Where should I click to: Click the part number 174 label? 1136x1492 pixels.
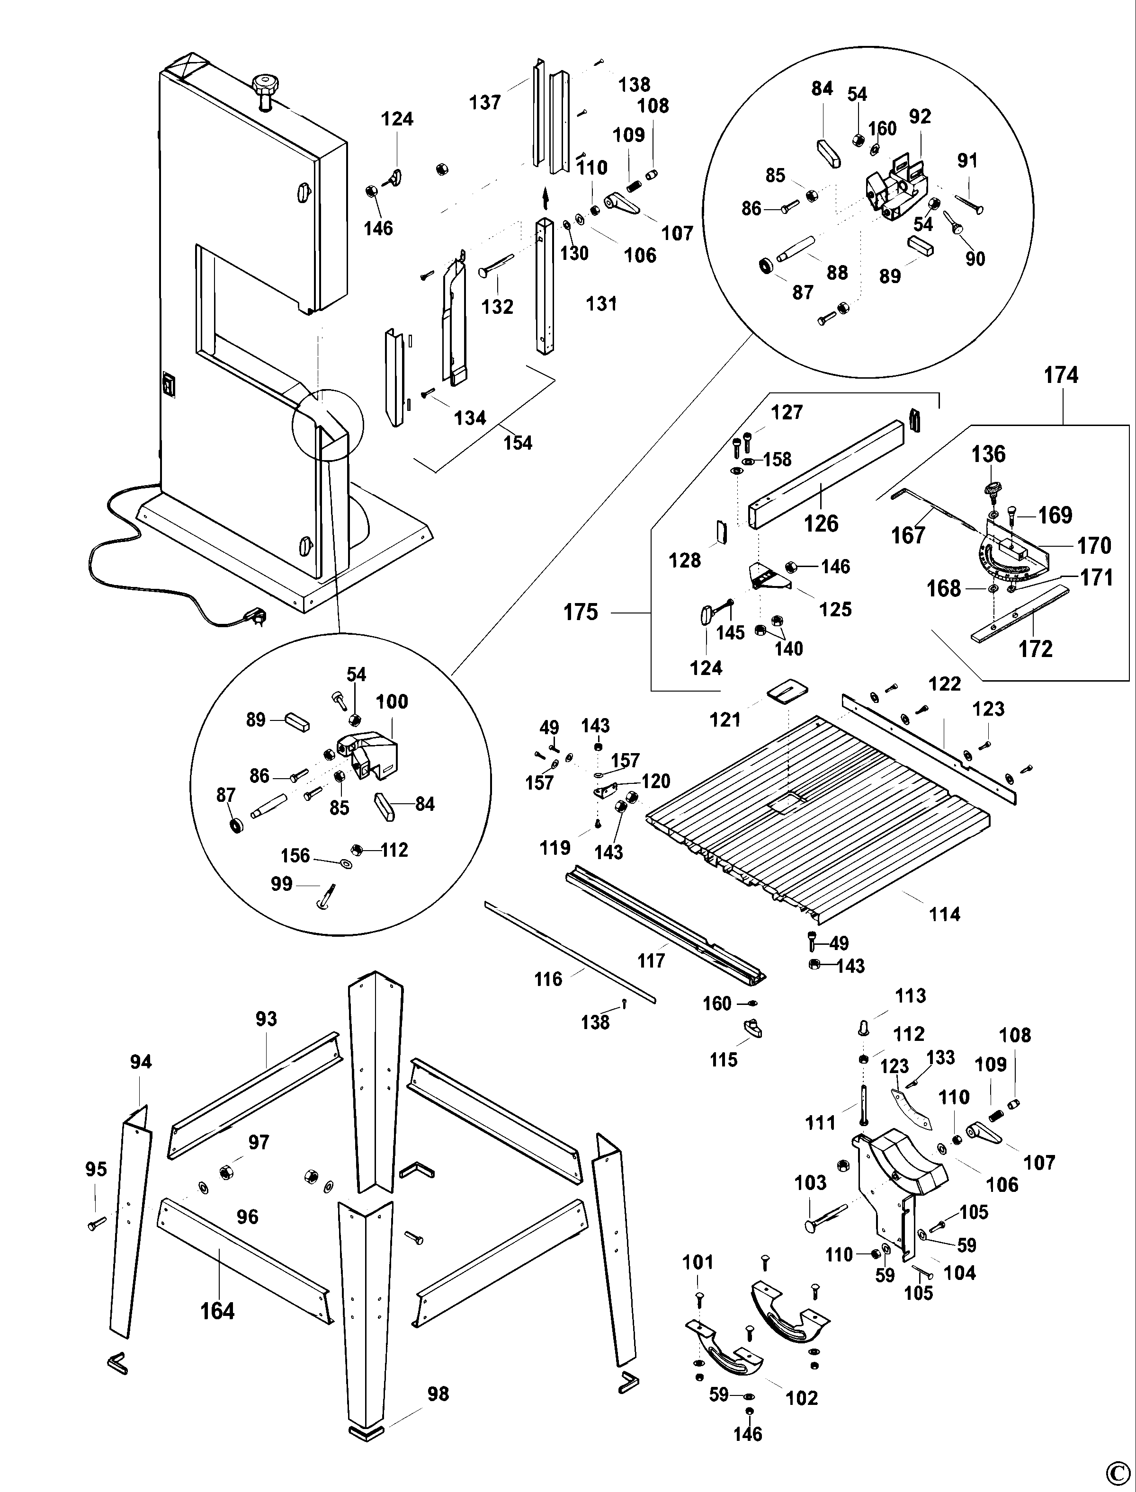tap(1060, 375)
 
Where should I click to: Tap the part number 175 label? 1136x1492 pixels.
tap(581, 613)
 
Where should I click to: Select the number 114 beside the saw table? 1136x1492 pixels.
tap(944, 915)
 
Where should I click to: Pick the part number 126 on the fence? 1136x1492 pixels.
tap(821, 523)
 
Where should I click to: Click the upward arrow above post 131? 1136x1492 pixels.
tap(546, 201)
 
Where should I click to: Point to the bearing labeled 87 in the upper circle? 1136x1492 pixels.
tap(766, 266)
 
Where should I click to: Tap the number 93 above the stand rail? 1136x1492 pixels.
tap(266, 1019)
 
